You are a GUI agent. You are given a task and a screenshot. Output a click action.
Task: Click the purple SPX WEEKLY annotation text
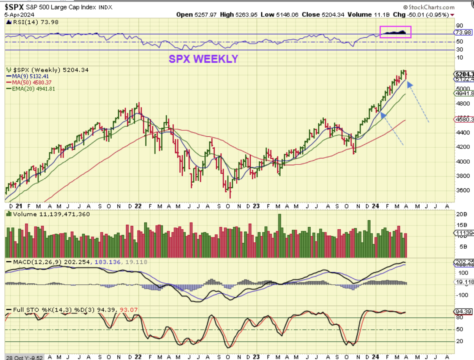pyautogui.click(x=203, y=59)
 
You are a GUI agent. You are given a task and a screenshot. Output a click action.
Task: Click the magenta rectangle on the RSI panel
pyautogui.click(x=395, y=32)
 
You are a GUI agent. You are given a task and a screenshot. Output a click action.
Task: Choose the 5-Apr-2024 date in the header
pyautogui.click(x=19, y=15)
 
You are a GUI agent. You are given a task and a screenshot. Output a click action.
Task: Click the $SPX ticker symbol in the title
pyautogui.click(x=15, y=6)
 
